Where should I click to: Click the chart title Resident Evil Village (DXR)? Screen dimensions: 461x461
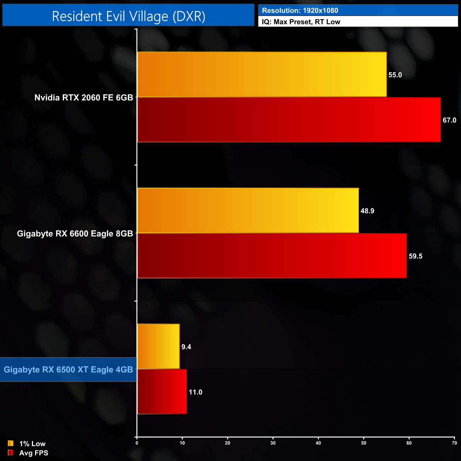tap(128, 16)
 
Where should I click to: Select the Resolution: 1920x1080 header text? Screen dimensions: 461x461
tap(300, 11)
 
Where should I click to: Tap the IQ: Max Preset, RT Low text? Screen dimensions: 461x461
tap(301, 22)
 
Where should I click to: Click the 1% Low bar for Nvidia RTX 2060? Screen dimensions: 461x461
tap(262, 74)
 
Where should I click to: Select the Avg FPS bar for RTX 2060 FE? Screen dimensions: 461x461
tap(289, 120)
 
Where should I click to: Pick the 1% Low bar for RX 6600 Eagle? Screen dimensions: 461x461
tap(248, 210)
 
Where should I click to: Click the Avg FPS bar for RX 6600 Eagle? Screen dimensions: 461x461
tap(272, 256)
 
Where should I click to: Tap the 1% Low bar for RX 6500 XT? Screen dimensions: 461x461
tap(158, 346)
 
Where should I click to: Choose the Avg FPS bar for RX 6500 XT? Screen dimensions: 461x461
tap(162, 391)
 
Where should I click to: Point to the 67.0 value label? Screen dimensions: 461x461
tap(449, 120)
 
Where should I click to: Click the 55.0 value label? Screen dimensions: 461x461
tap(395, 75)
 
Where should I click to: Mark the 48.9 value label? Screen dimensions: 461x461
tap(367, 211)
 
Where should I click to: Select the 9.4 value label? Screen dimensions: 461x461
tap(186, 347)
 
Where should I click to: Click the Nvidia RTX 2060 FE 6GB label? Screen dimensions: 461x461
tap(84, 98)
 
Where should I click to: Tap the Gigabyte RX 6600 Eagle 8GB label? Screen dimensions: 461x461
tap(75, 234)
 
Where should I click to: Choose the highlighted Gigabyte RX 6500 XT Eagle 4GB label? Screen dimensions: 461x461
tap(68, 370)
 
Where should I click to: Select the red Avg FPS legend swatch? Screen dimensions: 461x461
tap(11, 453)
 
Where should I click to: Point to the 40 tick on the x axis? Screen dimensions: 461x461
tap(318, 443)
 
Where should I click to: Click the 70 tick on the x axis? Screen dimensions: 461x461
tap(454, 443)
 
